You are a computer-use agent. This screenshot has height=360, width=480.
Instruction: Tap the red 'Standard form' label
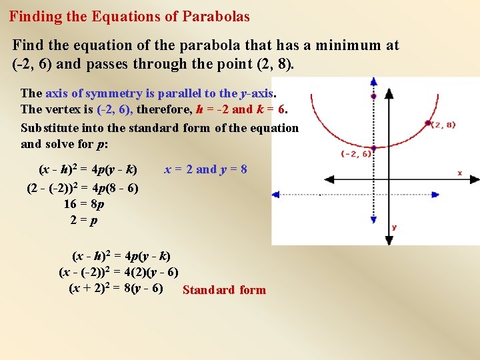224,290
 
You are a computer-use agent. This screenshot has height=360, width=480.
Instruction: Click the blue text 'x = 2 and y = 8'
205,169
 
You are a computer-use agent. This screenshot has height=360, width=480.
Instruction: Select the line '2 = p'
83,220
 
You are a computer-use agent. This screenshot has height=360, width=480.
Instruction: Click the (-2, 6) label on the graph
356,154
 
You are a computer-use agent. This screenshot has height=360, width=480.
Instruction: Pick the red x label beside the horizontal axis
459,173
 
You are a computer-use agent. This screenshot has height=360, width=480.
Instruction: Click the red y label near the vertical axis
394,227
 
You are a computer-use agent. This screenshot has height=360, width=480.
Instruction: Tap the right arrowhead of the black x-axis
472,179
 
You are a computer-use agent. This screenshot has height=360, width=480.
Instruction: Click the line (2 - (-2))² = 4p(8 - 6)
83,188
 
